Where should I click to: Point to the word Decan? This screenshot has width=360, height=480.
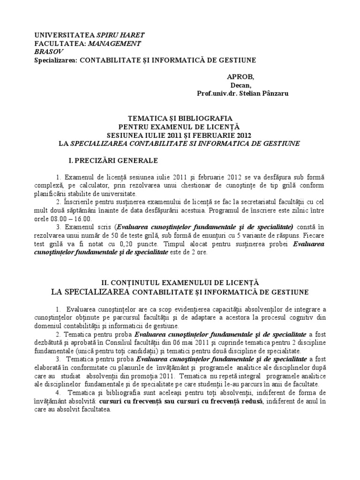point(239,85)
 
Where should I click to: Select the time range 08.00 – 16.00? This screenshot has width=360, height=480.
point(75,219)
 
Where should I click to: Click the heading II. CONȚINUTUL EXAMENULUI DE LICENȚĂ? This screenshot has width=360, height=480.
point(180,283)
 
